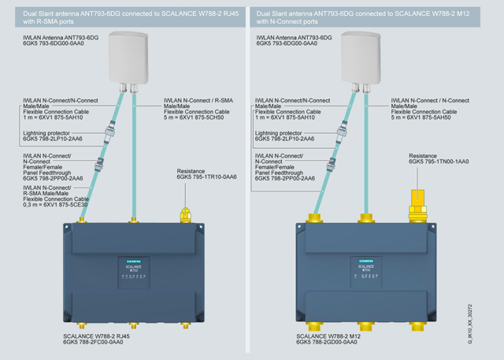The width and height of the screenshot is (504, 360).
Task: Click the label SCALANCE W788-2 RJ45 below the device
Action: (96, 336)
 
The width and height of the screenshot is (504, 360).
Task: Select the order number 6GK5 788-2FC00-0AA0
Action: (97, 343)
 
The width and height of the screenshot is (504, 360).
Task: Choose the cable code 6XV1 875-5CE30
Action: (65, 206)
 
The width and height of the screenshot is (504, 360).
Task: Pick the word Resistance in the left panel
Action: (191, 170)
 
